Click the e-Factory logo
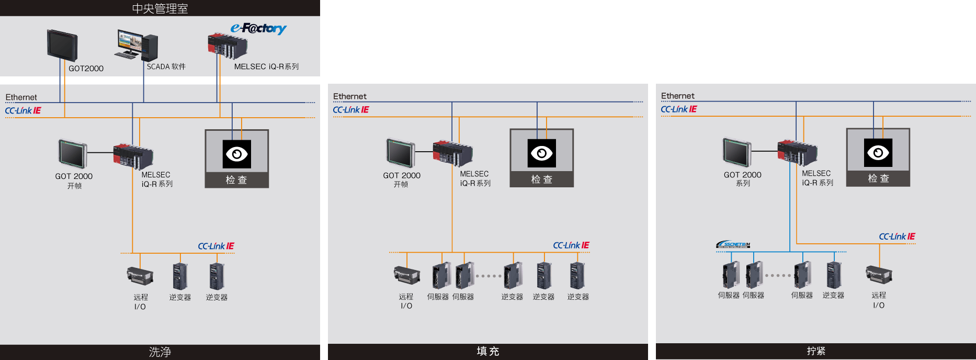(x=258, y=28)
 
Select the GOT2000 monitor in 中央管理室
(x=62, y=46)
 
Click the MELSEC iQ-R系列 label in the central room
(x=266, y=67)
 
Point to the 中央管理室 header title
(x=160, y=8)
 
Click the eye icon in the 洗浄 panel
(x=236, y=154)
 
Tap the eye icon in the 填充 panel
(x=541, y=153)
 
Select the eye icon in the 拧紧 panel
(x=878, y=153)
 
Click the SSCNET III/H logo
(x=733, y=244)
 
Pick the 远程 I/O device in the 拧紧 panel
(x=879, y=274)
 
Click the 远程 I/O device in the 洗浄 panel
(x=140, y=275)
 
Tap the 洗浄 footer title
(x=160, y=352)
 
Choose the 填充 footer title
(x=487, y=352)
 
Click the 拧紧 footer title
(x=815, y=351)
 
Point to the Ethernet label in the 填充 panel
(x=350, y=96)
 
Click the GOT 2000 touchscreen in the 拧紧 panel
(x=737, y=152)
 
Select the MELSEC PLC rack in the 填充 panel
(x=452, y=153)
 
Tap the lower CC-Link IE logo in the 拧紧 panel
(x=897, y=237)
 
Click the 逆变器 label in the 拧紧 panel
(x=833, y=296)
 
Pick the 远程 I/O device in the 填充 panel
(x=406, y=275)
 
